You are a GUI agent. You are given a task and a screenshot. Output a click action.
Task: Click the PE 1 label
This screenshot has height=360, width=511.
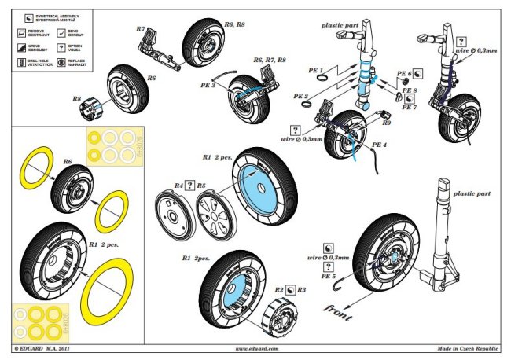316,70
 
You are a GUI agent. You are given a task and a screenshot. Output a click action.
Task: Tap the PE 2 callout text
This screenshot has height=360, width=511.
300,96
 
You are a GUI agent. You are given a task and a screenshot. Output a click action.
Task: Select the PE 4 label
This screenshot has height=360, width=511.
380,145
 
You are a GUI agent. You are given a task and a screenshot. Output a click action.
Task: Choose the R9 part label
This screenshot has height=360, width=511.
386,123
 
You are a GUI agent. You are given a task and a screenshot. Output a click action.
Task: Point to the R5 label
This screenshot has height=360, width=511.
201,186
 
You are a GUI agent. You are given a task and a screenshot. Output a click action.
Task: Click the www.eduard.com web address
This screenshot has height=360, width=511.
256,347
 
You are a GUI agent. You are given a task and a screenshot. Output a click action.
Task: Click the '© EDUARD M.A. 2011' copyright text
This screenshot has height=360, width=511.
47,347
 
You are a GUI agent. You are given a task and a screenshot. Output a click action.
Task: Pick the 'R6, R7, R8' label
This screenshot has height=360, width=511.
270,60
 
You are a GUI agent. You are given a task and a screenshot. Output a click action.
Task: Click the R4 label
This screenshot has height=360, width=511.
178,186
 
